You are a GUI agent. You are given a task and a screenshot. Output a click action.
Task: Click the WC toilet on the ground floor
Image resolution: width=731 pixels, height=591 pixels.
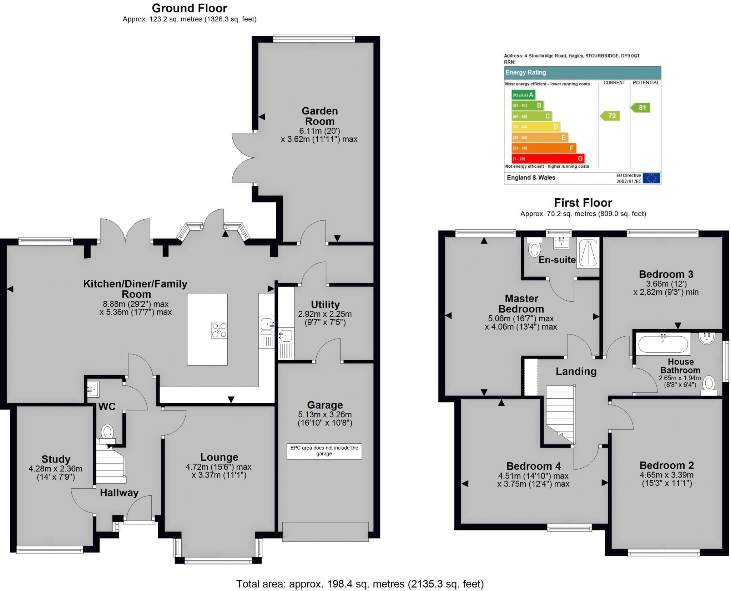point(107,432)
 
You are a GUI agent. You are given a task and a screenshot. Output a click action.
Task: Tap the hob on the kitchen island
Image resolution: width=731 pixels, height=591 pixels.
point(219,330)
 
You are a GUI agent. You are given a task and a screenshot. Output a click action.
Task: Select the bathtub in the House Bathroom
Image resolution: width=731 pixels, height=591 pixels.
point(663,345)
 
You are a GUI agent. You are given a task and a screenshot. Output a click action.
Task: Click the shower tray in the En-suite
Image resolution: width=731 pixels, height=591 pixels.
point(588,253)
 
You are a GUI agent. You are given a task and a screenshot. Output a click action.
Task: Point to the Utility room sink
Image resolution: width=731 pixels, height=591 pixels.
point(286,336)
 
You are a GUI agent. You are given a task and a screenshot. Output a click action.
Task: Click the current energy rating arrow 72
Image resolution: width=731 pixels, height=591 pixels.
point(610,116)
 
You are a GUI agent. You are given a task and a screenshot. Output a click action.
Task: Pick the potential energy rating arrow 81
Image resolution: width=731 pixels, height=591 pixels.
point(641,108)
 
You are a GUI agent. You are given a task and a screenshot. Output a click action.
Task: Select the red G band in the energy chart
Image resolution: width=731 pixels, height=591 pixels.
point(548,159)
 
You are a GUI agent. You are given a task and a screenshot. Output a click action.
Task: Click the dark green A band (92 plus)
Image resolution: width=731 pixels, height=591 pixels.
point(523,95)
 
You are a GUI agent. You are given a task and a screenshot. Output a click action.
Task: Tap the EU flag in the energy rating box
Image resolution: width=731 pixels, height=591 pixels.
point(651,178)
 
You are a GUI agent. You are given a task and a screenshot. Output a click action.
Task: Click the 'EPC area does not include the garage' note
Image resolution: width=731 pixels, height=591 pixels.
point(324,451)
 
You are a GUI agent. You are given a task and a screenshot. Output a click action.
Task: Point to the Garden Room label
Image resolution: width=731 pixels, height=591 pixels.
point(319,116)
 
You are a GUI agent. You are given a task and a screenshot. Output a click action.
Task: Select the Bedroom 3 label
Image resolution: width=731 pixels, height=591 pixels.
point(666,274)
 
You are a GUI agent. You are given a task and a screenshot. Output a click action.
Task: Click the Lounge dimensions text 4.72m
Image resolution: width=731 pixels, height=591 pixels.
point(218,467)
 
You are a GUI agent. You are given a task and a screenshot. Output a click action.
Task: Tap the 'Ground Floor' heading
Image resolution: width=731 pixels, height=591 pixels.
point(190,8)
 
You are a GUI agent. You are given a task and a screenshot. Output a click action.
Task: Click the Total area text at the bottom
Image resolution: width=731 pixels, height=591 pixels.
point(360,584)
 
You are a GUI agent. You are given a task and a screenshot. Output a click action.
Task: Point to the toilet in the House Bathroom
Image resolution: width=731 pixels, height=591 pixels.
point(709,385)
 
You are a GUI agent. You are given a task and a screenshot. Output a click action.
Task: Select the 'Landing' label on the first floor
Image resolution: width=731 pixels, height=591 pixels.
point(576,372)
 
